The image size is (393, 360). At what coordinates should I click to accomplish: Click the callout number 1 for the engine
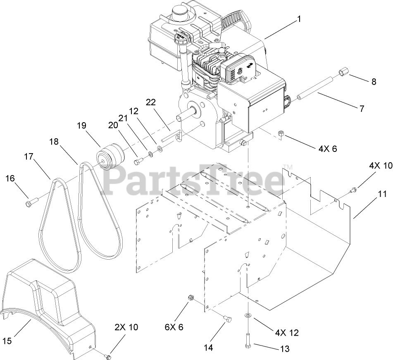pyautogui.click(x=299, y=19)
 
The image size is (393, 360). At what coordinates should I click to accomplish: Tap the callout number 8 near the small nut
pyautogui.click(x=374, y=81)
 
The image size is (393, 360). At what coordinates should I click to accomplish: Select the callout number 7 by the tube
pyautogui.click(x=362, y=109)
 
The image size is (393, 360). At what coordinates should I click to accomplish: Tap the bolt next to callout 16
pyautogui.click(x=32, y=201)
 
